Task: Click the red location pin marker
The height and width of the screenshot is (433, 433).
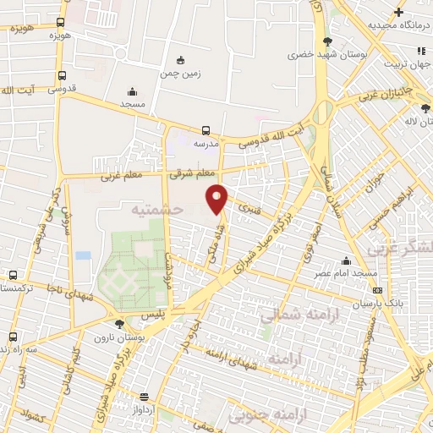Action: pos(217,199)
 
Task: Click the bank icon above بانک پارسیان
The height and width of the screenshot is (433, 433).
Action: pos(376,291)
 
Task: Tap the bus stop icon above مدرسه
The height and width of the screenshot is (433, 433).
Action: pos(206,130)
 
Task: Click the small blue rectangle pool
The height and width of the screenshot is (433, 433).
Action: pos(83,255)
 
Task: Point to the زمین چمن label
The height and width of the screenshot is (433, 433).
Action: pos(179,74)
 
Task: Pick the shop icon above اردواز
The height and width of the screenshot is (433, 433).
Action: pos(145,397)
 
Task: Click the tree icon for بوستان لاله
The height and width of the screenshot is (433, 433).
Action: pos(425,108)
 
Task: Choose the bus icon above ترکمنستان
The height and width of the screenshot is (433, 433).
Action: pos(12,275)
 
